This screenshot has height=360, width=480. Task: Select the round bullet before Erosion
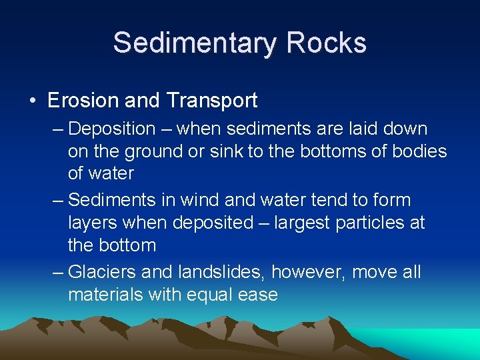click(x=33, y=101)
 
